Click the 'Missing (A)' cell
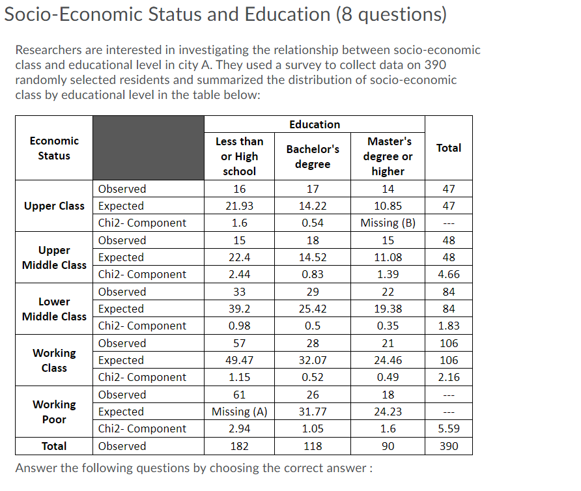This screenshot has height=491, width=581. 239,412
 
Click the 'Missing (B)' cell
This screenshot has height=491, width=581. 388,223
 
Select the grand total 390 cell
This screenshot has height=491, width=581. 448,446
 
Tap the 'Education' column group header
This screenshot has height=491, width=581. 315,124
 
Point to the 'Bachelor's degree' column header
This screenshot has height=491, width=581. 313,156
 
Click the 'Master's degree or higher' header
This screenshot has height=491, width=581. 388,156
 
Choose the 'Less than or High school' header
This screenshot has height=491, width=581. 239,156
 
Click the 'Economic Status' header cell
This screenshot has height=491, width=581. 54,148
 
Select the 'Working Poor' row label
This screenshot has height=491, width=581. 54,412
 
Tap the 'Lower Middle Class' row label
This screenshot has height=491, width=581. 54,309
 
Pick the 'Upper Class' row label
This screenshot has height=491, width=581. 54,206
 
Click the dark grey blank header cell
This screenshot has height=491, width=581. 149,148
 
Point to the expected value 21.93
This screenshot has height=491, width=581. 239,206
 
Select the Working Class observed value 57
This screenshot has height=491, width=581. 239,343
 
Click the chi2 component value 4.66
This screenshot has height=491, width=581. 448,274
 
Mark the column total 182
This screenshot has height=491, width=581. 239,446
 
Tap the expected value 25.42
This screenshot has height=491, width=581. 313,309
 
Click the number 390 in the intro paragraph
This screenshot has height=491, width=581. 435,65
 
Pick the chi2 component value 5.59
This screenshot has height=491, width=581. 448,428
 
